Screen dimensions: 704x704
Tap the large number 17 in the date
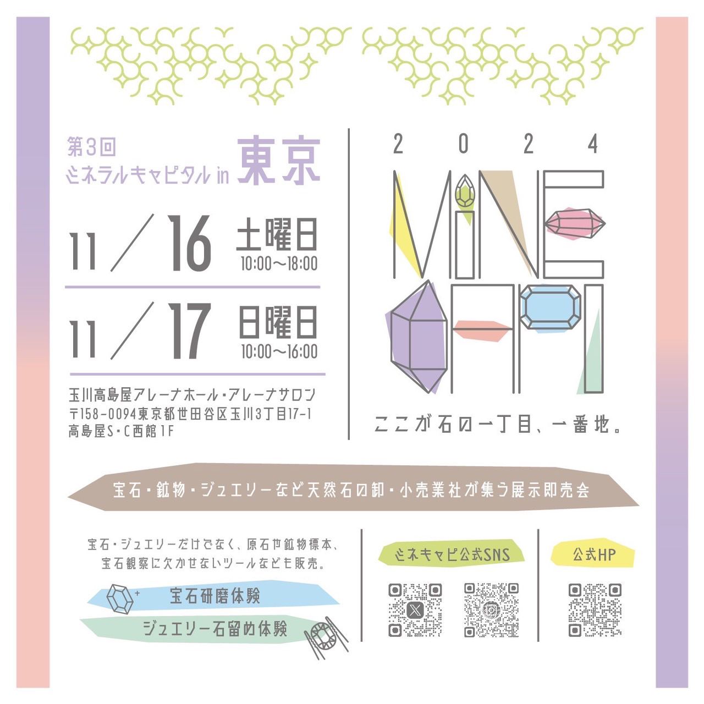(x=189, y=331)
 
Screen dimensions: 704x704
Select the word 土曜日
(x=277, y=234)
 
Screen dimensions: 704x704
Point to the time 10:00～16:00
(x=279, y=351)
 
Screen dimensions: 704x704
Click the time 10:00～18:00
(x=279, y=264)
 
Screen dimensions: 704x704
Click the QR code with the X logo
(x=415, y=610)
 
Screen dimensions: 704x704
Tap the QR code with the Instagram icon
(x=491, y=610)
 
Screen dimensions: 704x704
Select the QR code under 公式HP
(x=595, y=610)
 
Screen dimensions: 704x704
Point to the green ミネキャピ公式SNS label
(x=452, y=555)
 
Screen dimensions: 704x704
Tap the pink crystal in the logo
(x=575, y=223)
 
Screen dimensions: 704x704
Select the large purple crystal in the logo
(x=418, y=337)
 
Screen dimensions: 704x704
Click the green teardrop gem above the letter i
(x=465, y=191)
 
